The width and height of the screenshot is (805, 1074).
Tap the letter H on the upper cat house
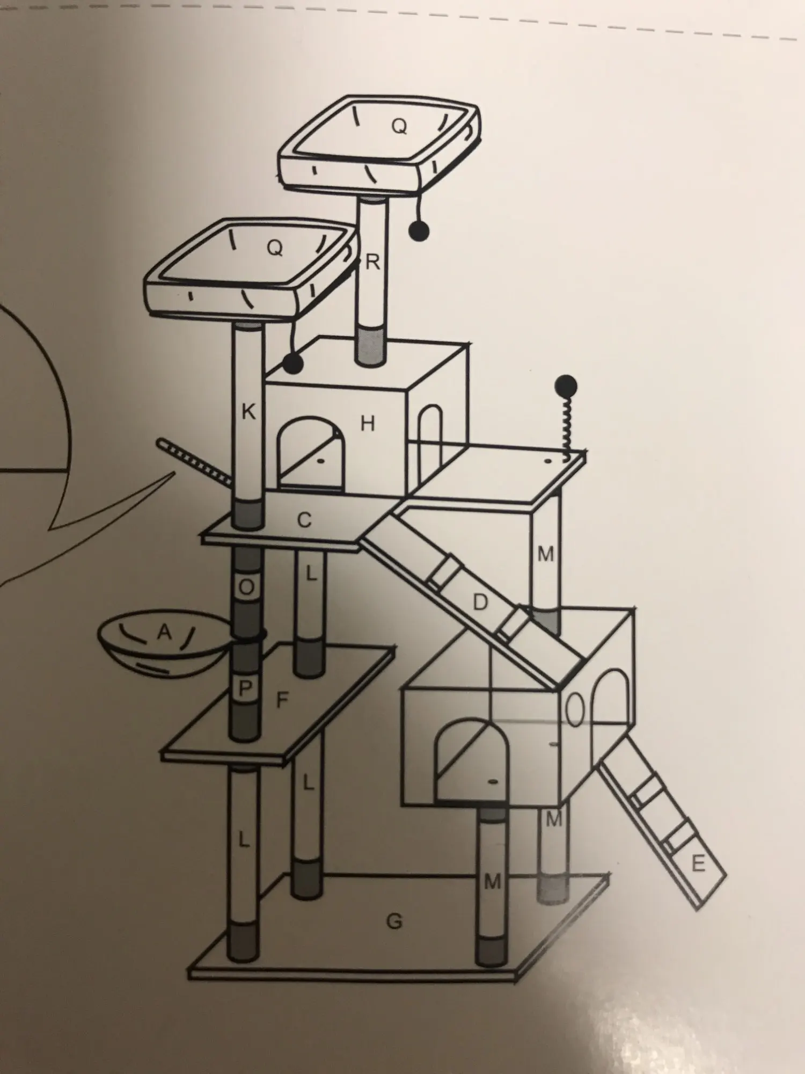368,424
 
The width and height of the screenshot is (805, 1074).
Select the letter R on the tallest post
372,263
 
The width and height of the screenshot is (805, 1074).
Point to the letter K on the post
248,412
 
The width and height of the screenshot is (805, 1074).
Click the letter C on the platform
304,520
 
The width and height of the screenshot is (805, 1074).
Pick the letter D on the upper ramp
480,603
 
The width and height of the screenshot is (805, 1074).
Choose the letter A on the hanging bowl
164,633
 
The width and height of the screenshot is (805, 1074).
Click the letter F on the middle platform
282,700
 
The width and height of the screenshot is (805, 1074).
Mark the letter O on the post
246,587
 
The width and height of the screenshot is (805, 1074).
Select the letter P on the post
245,688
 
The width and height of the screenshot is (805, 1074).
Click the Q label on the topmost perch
399,126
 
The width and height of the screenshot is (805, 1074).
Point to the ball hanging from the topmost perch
420,231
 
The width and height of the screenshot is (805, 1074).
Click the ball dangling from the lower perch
293,364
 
